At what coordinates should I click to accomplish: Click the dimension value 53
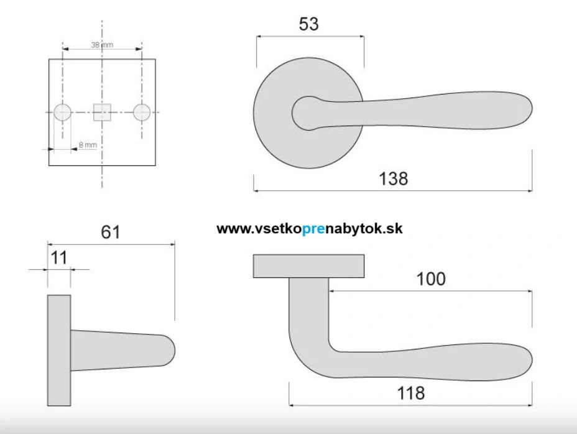[x=309, y=24]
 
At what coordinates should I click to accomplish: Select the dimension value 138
[x=394, y=178]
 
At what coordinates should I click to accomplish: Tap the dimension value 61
[x=111, y=233]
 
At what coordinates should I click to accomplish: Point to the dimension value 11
[x=59, y=257]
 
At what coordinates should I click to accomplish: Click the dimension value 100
[x=431, y=279]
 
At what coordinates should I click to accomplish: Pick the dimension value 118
[x=410, y=393]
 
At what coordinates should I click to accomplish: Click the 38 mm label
[x=103, y=45]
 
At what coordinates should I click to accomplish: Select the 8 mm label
[x=88, y=145]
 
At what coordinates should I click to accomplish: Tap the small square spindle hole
[x=103, y=113]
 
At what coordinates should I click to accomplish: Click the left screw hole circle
[x=63, y=113]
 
